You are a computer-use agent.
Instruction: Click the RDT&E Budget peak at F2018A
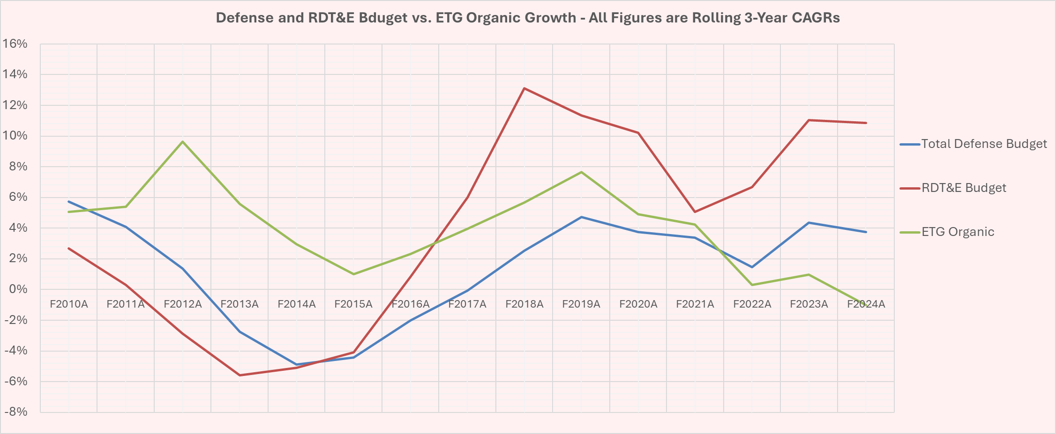(524, 88)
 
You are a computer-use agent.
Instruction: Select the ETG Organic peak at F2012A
(182, 141)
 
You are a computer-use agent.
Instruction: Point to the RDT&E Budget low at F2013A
(240, 375)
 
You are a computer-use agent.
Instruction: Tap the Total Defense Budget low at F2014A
(296, 364)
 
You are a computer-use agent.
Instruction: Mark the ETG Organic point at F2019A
(581, 172)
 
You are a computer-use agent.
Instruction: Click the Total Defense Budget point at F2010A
(68, 201)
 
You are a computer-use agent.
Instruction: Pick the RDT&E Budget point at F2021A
(695, 212)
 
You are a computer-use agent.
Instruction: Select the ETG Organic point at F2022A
(752, 285)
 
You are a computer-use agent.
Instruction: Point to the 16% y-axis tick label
(15, 44)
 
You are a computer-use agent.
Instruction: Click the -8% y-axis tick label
(15, 412)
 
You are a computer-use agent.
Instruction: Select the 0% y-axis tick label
(18, 289)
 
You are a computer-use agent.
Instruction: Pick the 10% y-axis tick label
(15, 136)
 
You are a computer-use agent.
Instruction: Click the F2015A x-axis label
(353, 304)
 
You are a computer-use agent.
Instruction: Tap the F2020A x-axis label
(638, 304)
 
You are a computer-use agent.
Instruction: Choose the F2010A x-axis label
(68, 304)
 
